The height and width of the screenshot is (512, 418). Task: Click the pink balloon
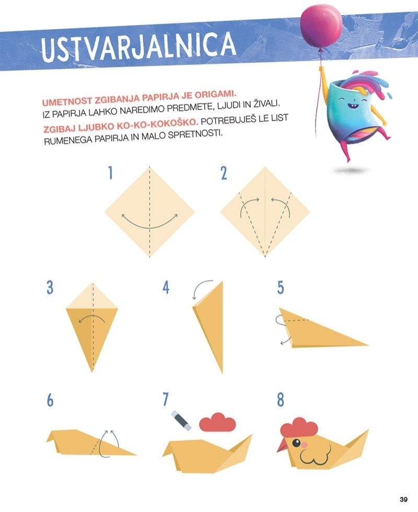tap(321, 27)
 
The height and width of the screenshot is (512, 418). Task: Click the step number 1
tap(110, 173)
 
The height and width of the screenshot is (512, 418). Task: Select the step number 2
tap(224, 173)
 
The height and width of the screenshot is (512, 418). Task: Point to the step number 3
tap(50, 287)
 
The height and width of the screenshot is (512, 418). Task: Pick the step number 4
tap(166, 288)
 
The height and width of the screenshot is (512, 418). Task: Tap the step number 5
tap(281, 288)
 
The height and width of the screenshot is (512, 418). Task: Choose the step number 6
tap(50, 400)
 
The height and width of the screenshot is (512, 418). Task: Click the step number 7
tap(165, 399)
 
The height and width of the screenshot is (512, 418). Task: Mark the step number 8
tap(281, 400)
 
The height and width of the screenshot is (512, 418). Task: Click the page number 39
tap(403, 499)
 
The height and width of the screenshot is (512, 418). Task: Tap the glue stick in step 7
tap(181, 421)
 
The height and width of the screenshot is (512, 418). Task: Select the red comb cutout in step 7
tap(217, 422)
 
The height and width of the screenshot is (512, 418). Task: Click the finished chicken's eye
tap(297, 443)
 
